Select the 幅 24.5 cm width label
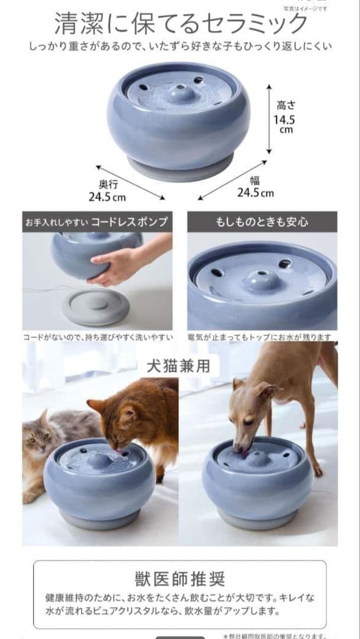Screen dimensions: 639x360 tap(255, 187)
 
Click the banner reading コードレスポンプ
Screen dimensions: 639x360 tap(97, 222)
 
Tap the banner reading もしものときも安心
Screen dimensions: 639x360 tap(262, 222)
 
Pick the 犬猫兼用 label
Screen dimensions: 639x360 tap(178, 366)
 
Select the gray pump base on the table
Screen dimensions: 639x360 tap(96, 306)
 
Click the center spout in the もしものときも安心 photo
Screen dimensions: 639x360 tap(261, 279)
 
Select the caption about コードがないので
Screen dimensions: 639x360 tap(98, 337)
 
